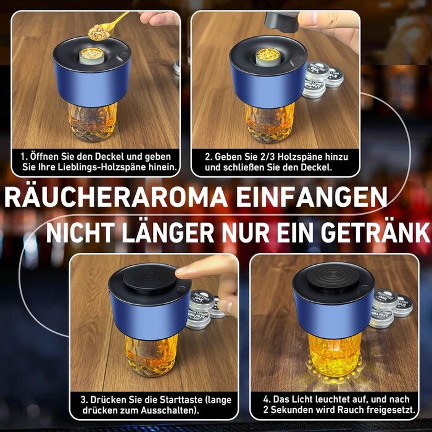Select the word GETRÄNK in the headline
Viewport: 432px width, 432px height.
click(x=375, y=232)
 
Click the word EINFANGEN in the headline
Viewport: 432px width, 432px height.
click(x=312, y=197)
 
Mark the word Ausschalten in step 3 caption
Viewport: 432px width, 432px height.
click(x=167, y=410)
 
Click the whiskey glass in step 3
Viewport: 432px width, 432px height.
click(x=151, y=355)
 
